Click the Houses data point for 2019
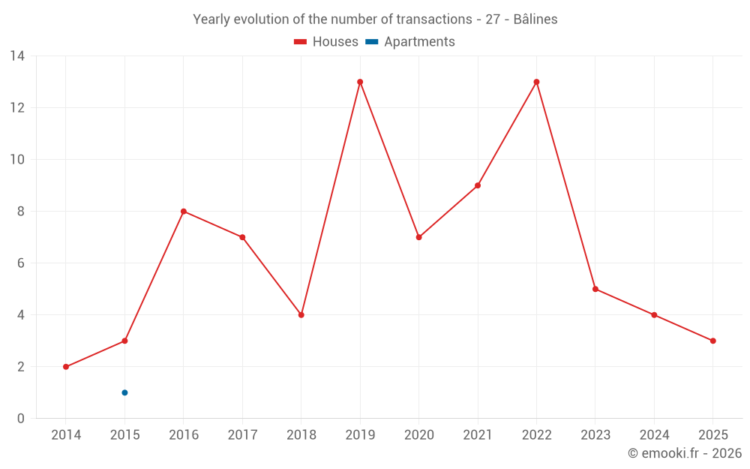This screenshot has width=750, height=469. (x=360, y=82)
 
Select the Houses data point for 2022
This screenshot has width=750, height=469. (x=536, y=82)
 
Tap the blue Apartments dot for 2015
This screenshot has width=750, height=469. (x=124, y=392)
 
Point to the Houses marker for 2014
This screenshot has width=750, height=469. (x=66, y=367)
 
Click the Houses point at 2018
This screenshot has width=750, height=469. (x=301, y=315)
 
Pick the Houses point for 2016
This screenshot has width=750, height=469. (x=184, y=212)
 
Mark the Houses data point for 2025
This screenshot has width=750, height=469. (x=712, y=341)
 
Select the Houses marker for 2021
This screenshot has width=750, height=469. (x=478, y=185)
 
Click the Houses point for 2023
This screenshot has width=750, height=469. (x=595, y=289)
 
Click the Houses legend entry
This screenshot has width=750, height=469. (x=326, y=42)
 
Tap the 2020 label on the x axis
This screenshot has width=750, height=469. (x=418, y=435)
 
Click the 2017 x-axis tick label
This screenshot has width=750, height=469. (x=242, y=435)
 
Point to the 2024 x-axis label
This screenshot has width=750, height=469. (x=654, y=435)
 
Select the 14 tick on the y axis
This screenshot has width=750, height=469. (x=17, y=56)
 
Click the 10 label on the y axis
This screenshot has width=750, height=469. (x=17, y=160)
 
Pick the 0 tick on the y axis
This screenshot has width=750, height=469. (x=21, y=419)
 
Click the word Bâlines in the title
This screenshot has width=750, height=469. (x=535, y=20)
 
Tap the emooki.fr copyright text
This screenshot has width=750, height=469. (x=685, y=453)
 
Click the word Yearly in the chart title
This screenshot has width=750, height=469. (x=213, y=20)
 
